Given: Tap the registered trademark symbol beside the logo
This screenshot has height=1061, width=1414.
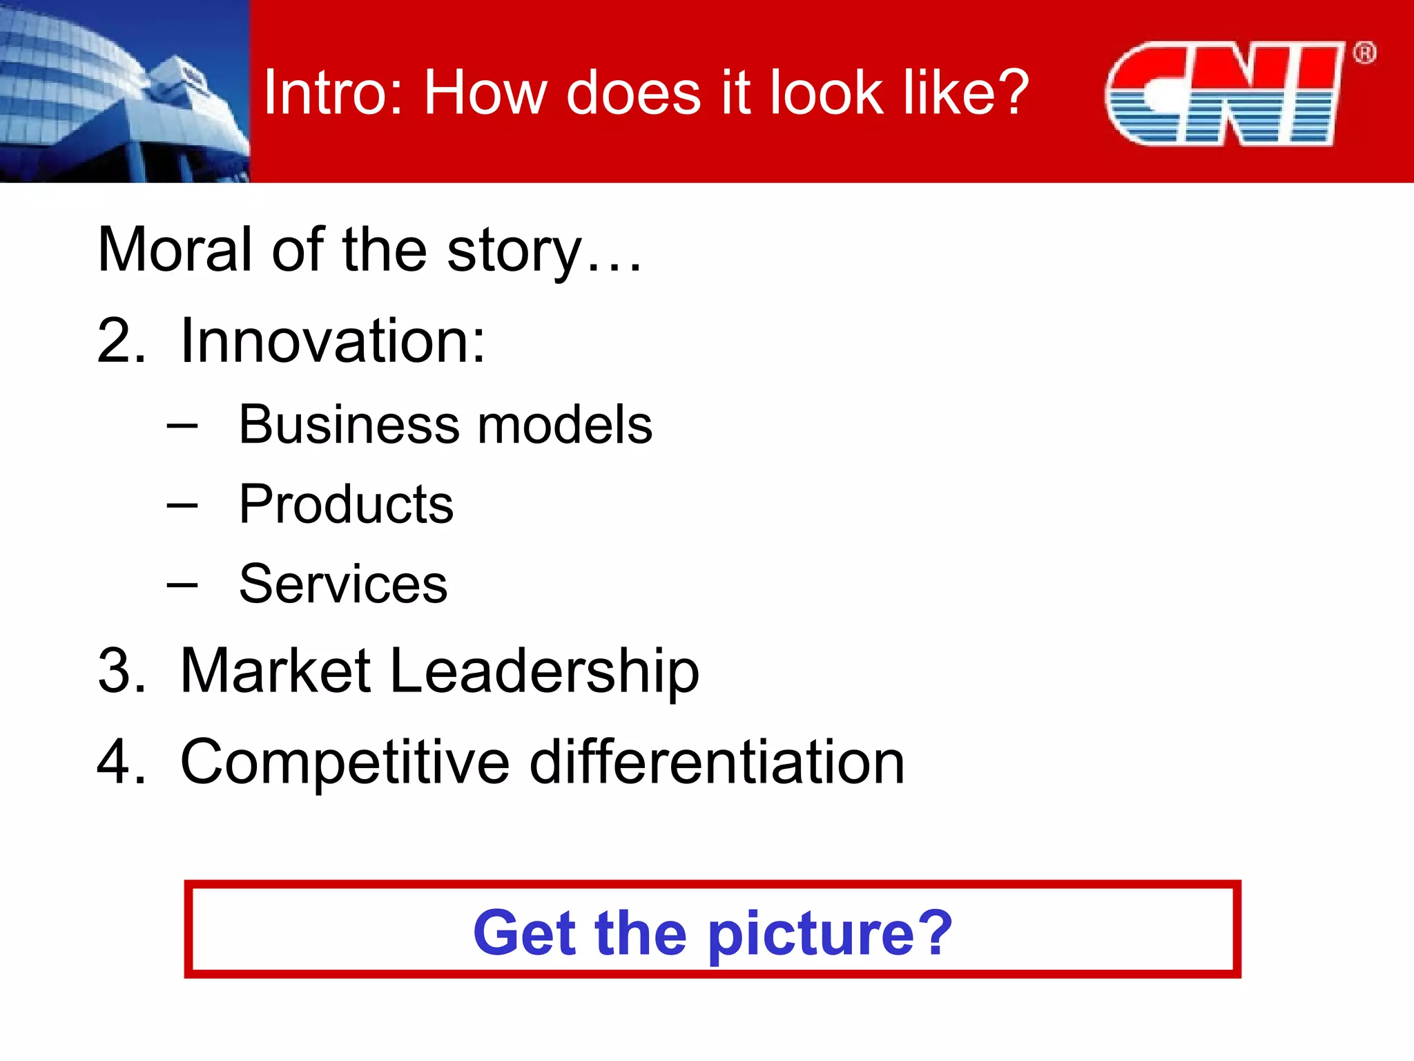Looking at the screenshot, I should tap(1364, 53).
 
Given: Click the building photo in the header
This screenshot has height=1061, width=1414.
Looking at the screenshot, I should tap(124, 91).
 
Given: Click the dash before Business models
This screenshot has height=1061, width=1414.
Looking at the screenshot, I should tap(182, 426).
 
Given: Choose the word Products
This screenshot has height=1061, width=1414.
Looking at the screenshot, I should tap(346, 504).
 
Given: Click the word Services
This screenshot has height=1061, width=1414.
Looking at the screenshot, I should tap(343, 584).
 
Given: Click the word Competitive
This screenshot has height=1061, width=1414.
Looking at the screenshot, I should tap(345, 763).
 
